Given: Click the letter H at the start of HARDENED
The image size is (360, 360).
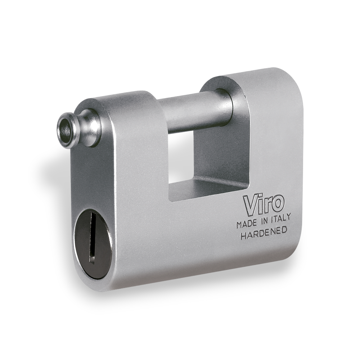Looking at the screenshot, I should [x=243, y=237].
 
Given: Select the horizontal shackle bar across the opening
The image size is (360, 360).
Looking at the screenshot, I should [x=191, y=112].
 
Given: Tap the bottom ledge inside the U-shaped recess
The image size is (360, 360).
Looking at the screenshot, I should [x=209, y=187].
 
